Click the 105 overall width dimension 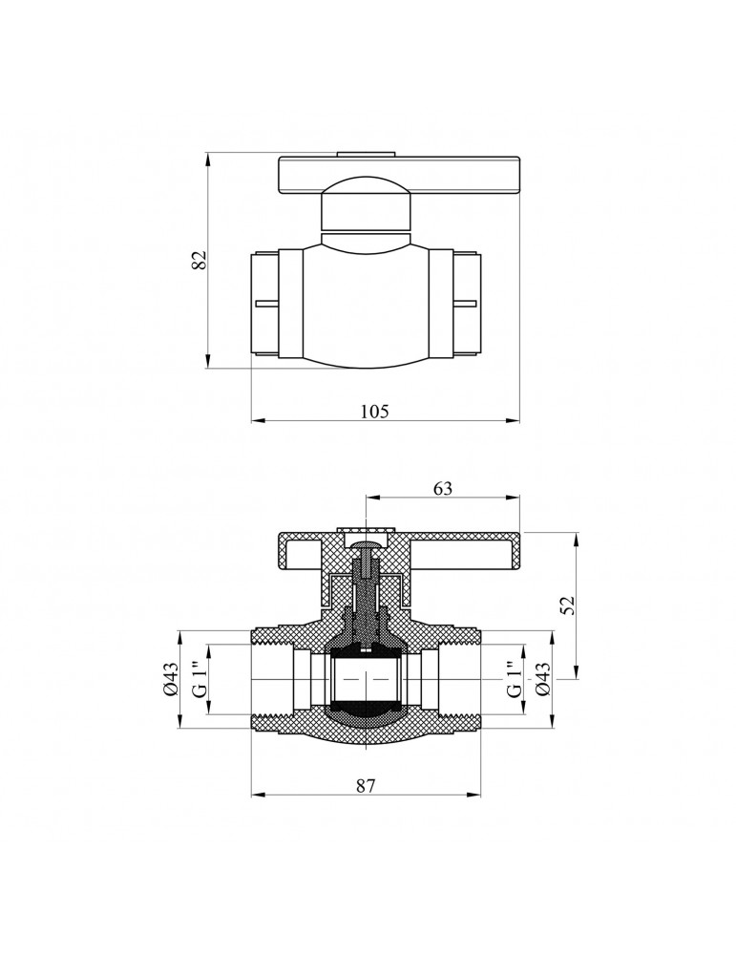pyautogui.click(x=374, y=411)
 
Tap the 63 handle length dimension pyautogui.click(x=443, y=488)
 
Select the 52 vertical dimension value pyautogui.click(x=568, y=605)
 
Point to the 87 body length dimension pyautogui.click(x=366, y=785)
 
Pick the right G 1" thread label pyautogui.click(x=515, y=679)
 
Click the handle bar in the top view pyautogui.click(x=399, y=177)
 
